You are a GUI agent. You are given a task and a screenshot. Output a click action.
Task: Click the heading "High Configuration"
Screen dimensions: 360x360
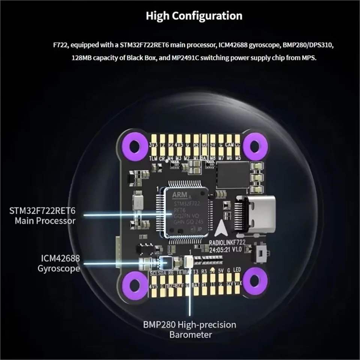[x=194, y=16]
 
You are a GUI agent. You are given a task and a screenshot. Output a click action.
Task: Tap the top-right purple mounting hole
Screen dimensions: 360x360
[x=255, y=144]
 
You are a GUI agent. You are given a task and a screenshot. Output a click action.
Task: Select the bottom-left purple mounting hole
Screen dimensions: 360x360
[x=134, y=280]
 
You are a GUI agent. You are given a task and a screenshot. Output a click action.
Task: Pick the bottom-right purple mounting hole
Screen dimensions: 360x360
[x=255, y=280]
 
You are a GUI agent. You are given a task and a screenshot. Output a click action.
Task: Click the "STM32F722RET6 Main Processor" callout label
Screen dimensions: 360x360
[x=42, y=214]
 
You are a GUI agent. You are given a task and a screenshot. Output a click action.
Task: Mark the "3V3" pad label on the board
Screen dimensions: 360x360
[x=153, y=144]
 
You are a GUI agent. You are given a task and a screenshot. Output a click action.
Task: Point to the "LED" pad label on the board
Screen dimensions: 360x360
[x=237, y=270]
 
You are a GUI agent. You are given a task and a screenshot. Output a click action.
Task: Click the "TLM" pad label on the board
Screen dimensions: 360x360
[x=153, y=158]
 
